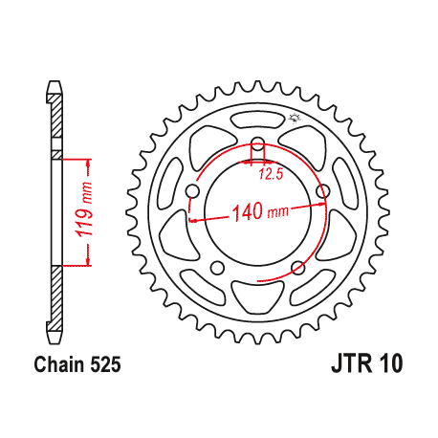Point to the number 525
tap(106, 364)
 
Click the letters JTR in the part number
tap(353, 364)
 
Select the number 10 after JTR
tap(392, 364)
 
